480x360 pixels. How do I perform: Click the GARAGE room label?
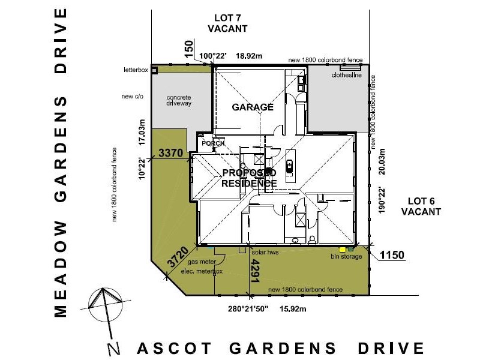pos(253,107)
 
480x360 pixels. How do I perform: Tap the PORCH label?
pos(213,143)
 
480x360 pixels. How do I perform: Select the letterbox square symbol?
pos(154,70)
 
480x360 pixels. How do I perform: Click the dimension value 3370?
pos(170,154)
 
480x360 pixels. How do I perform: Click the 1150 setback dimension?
pos(392,255)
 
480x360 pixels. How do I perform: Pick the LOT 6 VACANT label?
pos(421,206)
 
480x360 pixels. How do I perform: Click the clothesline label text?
pos(346,76)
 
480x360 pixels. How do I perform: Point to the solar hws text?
pos(265,253)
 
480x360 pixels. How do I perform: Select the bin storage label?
pos(347,257)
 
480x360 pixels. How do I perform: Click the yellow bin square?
pos(343,248)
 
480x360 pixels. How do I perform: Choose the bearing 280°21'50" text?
pos(248,310)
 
